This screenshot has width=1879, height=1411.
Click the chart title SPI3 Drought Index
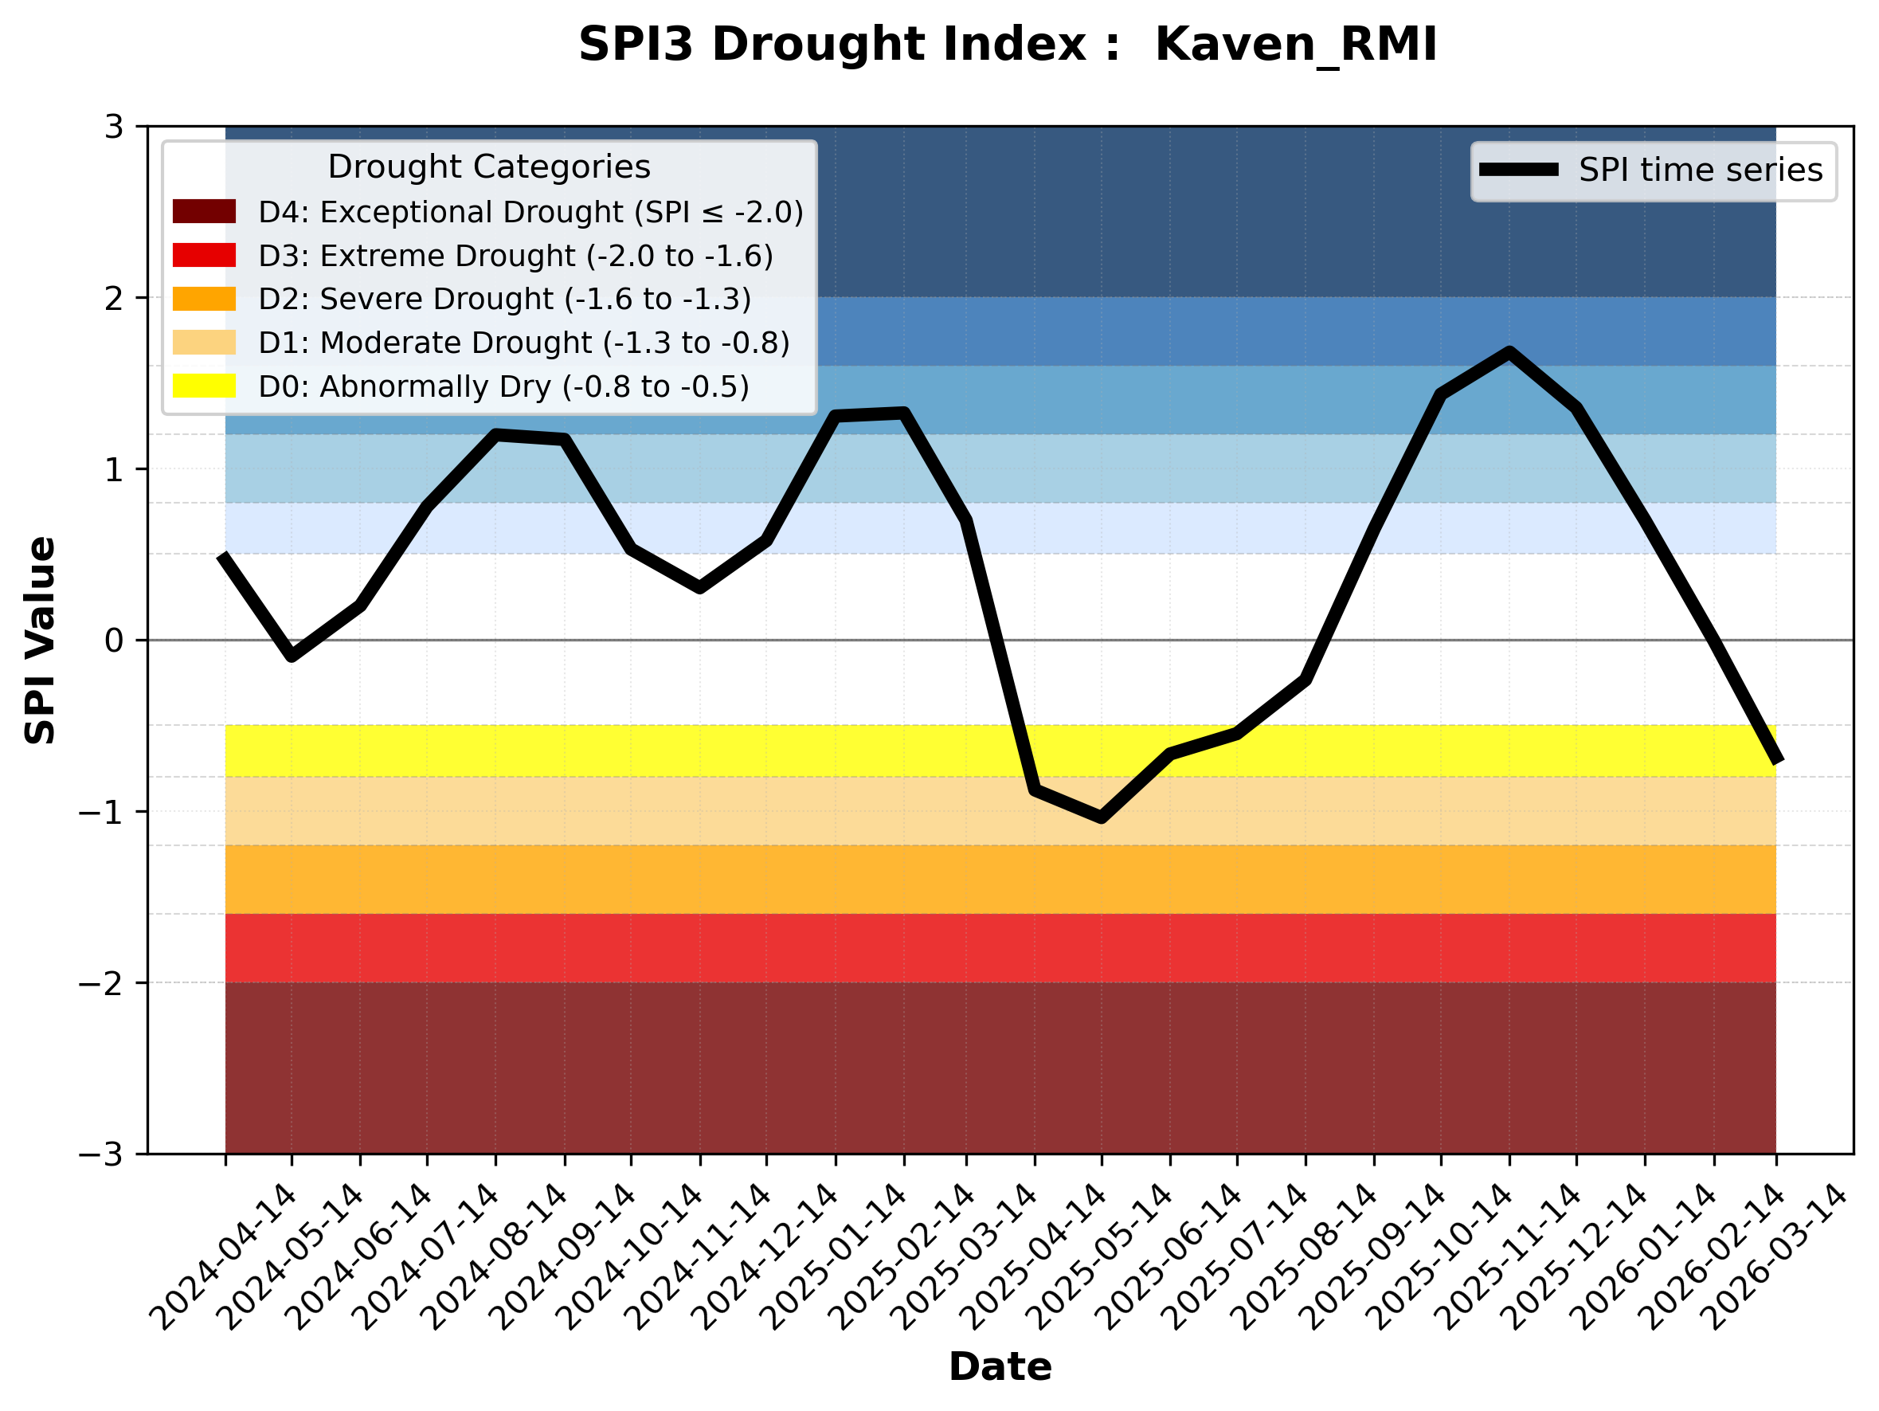point(1007,44)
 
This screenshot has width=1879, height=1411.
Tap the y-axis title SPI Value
point(40,641)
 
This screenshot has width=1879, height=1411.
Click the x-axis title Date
point(1000,1367)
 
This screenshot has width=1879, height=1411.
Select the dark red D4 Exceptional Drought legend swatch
point(204,211)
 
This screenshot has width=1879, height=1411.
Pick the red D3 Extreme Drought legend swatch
point(204,255)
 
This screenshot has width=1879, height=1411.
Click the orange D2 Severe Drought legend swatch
point(204,299)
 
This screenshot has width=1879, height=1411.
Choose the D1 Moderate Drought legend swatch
point(204,343)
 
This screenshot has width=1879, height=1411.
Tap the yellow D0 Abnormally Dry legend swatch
point(204,386)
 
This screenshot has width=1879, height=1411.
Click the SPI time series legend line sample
point(1519,170)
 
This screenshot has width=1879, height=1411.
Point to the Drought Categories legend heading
point(488,167)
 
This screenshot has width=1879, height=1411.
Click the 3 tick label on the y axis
point(114,127)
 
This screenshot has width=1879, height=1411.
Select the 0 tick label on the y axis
point(114,641)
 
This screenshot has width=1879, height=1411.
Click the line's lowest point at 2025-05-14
point(1101,818)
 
